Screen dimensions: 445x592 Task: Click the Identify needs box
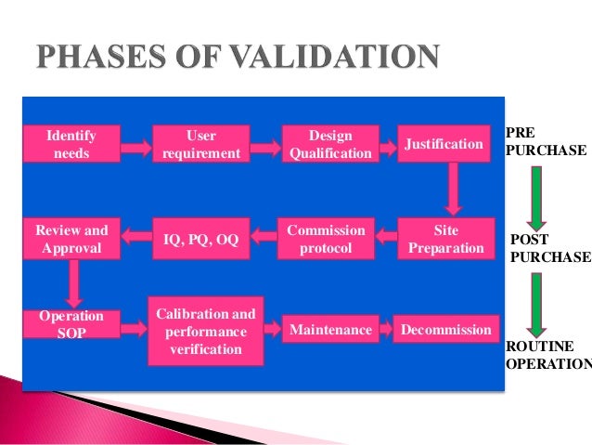click(71, 144)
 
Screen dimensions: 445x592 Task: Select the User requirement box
click(200, 144)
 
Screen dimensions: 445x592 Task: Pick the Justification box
click(444, 144)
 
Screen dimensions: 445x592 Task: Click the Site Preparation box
click(445, 239)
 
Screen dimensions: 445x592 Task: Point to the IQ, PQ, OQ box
click(200, 239)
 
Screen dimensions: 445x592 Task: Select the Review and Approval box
click(71, 239)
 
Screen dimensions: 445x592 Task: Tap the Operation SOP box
click(71, 324)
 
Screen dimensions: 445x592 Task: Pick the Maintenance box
click(330, 330)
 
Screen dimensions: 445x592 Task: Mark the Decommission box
click(445, 330)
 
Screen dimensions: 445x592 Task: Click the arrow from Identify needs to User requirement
click(135, 146)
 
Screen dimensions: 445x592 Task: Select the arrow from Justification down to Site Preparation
click(453, 189)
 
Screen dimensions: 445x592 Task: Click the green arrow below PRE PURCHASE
click(537, 194)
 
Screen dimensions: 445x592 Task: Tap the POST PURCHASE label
click(550, 248)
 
